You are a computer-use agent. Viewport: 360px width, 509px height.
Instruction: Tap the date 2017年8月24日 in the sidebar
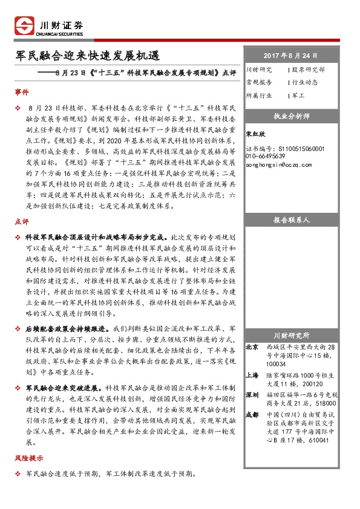pyautogui.click(x=292, y=55)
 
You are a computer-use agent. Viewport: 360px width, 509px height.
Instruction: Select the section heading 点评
pyautogui.click(x=21, y=222)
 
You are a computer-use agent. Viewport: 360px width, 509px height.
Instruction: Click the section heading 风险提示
pyautogui.click(x=27, y=458)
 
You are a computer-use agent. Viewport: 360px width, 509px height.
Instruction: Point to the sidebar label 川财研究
pyautogui.click(x=260, y=70)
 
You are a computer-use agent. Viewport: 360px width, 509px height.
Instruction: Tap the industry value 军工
pyautogui.click(x=298, y=96)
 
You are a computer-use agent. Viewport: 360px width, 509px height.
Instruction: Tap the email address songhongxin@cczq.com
pyautogui.click(x=279, y=164)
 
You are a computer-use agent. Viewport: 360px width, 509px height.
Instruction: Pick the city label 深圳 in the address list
pyautogui.click(x=252, y=394)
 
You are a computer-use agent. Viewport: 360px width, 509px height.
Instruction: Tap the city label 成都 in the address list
pyautogui.click(x=252, y=415)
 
